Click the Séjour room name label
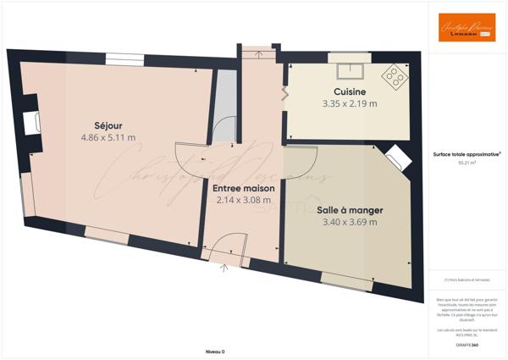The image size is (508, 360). (x=108, y=125)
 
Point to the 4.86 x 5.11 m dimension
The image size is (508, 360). (x=108, y=137)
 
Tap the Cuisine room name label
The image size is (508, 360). (x=349, y=91)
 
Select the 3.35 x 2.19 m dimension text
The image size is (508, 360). (x=349, y=103)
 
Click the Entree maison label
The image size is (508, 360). (x=243, y=188)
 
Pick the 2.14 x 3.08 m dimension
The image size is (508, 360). (x=243, y=201)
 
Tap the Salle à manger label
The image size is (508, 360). (x=350, y=210)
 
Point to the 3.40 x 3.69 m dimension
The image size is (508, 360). (x=350, y=223)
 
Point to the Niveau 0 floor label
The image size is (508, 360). (x=215, y=351)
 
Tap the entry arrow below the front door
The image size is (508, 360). (x=224, y=269)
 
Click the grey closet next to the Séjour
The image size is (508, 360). (x=224, y=106)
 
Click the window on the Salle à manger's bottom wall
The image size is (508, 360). (x=346, y=281)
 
